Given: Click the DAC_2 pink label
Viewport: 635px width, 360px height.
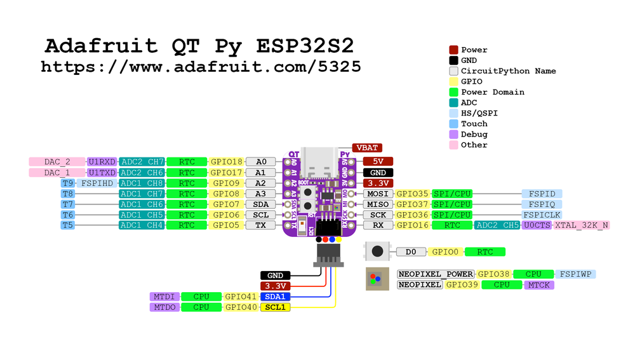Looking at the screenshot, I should tap(57, 161).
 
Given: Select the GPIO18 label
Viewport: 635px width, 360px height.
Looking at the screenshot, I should tap(227, 161).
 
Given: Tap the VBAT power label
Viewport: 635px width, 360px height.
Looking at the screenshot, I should tap(367, 147).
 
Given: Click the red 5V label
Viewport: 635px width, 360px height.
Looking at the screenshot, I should tap(378, 161).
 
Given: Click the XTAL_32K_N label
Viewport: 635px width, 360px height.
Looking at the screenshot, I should tap(582, 225).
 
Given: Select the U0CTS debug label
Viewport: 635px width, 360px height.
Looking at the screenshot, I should tap(537, 225).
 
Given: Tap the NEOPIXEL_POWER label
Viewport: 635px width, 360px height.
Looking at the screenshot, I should tap(436, 274).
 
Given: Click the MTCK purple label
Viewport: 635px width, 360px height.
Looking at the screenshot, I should tap(539, 285).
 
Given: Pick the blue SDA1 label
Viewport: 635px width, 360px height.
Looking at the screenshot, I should tap(275, 297).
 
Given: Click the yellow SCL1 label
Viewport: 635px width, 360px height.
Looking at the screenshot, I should tap(275, 307).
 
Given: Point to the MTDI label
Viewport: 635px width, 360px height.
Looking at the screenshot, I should tap(164, 297).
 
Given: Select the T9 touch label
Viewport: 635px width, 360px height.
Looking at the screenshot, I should tap(68, 183).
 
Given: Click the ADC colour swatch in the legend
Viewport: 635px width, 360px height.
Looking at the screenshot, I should tap(453, 102).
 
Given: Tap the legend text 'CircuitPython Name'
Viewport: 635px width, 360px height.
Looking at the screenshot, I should tap(508, 70).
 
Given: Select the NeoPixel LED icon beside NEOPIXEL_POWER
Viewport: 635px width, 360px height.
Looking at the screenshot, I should tap(376, 279).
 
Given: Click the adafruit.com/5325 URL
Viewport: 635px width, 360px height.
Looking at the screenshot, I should tap(201, 66).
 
